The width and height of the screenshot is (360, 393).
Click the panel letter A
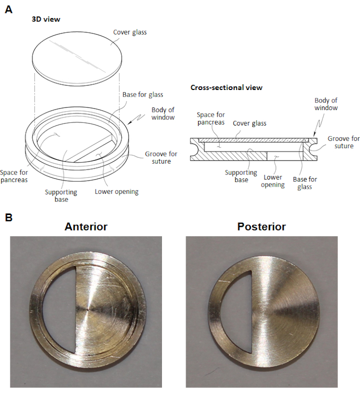coord(8,9)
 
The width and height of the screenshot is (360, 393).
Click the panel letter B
coord(8,218)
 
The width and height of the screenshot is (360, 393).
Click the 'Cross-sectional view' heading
coord(226,87)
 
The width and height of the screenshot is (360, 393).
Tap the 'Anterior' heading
coord(86,226)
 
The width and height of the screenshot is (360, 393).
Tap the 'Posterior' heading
coord(261,226)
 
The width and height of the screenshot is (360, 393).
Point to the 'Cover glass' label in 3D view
coord(130,32)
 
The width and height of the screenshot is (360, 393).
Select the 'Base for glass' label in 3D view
coord(142,95)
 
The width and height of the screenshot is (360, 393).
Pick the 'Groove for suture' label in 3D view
coord(158,157)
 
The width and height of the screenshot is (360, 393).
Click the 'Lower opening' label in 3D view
coord(116,192)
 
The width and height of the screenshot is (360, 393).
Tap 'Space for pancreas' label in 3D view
coord(15,176)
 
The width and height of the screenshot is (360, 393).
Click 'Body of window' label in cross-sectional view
coord(326,104)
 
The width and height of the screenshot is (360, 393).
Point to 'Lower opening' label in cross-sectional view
coord(273,181)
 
